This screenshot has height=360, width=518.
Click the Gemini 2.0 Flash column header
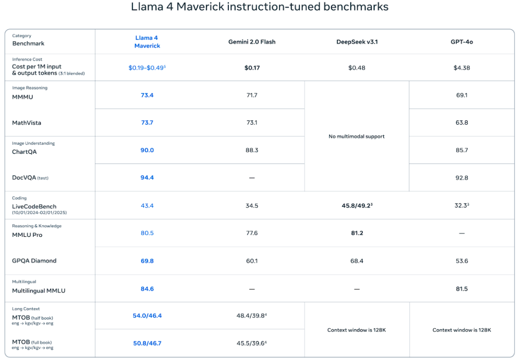coord(252,42)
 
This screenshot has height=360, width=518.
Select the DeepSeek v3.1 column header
coord(357,42)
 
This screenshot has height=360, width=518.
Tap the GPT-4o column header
coord(461,42)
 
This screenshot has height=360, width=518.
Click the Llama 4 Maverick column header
coord(147,42)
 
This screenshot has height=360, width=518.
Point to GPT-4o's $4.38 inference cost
coord(461,68)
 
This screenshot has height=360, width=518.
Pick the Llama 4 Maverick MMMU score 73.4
coord(147,95)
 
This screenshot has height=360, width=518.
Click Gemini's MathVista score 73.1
coord(252,123)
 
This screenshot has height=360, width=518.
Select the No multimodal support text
coord(356,137)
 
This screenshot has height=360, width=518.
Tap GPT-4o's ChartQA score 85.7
coord(461,150)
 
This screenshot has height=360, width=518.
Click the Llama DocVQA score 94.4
coord(147,178)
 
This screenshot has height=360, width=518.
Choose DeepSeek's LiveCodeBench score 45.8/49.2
coord(357,206)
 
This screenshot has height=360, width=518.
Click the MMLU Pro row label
coord(27,235)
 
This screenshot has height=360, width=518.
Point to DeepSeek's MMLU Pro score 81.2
coord(357,233)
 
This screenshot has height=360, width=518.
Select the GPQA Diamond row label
coord(34,261)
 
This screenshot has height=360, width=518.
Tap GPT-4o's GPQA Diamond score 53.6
coord(461,261)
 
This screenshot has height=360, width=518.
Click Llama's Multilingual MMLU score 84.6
coord(147,289)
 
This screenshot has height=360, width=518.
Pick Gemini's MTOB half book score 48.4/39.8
coord(251,316)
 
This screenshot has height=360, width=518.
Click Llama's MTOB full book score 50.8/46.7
coord(147,344)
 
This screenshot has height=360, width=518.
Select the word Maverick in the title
coord(200,7)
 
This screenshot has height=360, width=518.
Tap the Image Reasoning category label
coord(30,88)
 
